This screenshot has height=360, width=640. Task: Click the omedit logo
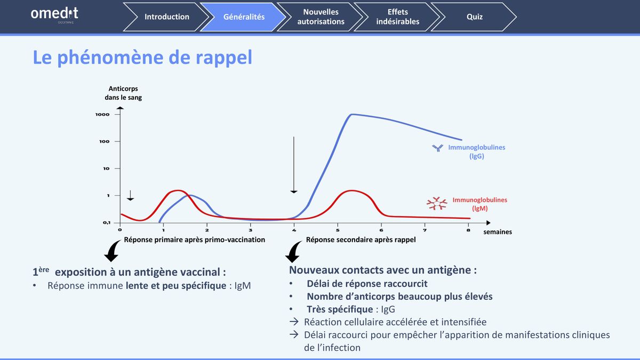point(54,14)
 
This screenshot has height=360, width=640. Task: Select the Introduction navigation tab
point(166,17)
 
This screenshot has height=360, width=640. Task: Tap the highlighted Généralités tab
point(244,17)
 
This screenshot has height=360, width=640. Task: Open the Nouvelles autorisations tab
point(321,17)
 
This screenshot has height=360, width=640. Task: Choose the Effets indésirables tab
point(397,17)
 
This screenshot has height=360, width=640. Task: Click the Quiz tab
point(474,17)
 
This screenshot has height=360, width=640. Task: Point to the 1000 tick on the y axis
point(102,114)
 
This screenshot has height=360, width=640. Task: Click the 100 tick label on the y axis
point(105,141)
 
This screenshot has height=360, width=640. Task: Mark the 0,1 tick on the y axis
point(107,222)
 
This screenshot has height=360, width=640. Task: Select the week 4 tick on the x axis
point(294,230)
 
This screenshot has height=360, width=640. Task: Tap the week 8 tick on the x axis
point(468,230)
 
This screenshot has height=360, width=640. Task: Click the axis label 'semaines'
point(498,231)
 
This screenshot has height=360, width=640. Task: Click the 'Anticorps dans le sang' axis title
point(123,93)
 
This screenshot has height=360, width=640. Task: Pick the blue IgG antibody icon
point(437,148)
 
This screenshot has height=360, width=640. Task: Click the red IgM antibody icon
point(437,203)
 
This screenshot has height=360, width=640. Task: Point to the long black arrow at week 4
point(294,165)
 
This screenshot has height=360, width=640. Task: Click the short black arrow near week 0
point(130,195)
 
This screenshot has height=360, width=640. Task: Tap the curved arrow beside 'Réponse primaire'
point(113,251)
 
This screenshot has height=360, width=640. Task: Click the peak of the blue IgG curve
point(351,114)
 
